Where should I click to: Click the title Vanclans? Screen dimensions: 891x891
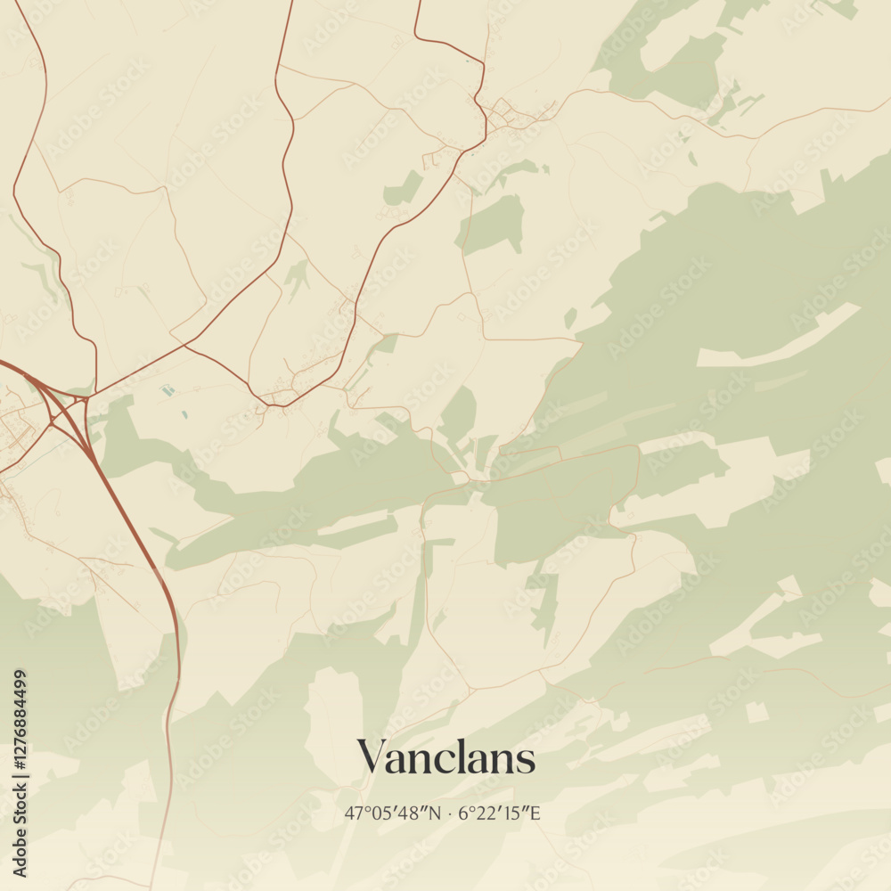446,758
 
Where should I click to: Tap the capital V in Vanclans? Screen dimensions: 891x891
373,758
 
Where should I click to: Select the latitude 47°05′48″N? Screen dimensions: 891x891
392,813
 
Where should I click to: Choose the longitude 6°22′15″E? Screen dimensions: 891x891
500,813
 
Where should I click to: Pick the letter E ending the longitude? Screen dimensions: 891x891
536,813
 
